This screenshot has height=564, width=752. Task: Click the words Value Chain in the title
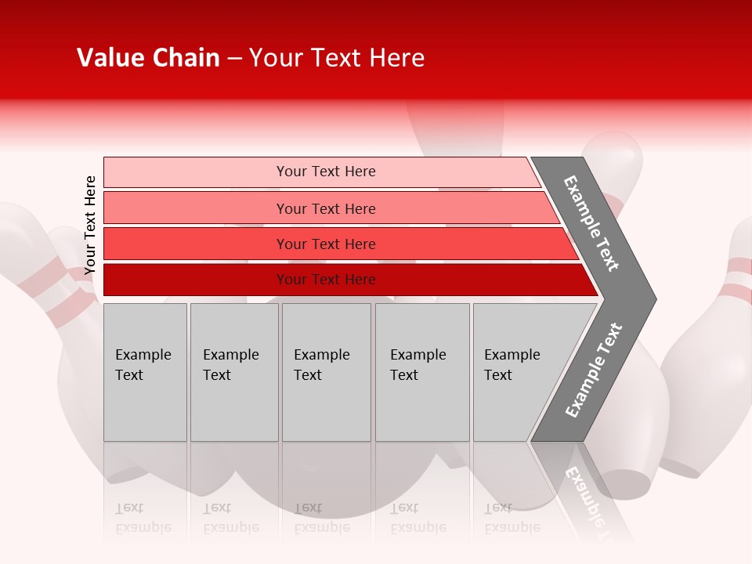click(148, 58)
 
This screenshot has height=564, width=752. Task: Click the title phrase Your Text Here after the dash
click(337, 58)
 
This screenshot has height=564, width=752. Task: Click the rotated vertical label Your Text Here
click(90, 225)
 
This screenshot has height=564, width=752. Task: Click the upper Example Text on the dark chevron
click(591, 223)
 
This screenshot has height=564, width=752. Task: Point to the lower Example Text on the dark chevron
click(593, 371)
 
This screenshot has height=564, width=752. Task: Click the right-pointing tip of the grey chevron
click(652, 298)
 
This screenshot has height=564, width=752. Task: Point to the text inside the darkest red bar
click(326, 280)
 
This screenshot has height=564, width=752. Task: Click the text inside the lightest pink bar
click(326, 172)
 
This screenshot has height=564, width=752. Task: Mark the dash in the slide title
click(234, 59)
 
